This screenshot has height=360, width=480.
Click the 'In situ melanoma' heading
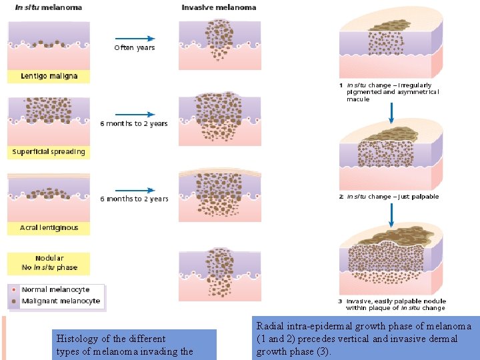[x=49, y=7]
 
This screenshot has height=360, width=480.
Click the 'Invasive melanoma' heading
[x=219, y=7]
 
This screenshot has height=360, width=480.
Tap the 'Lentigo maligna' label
[x=49, y=76]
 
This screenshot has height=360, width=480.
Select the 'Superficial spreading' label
[x=49, y=151]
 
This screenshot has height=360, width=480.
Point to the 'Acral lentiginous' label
[x=49, y=227]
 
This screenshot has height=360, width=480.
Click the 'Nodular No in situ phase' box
[x=49, y=263]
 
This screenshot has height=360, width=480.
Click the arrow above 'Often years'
[x=135, y=39]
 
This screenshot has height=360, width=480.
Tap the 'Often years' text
[x=134, y=48]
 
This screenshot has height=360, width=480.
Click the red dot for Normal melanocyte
[x=14, y=290]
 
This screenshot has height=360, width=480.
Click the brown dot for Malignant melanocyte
[x=14, y=301]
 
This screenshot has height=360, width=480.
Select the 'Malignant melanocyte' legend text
[x=61, y=301]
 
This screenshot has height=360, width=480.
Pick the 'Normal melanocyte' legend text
[x=55, y=290]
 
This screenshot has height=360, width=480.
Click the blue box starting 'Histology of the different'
[x=134, y=345]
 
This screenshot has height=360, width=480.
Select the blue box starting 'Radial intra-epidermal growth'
[x=365, y=338]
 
